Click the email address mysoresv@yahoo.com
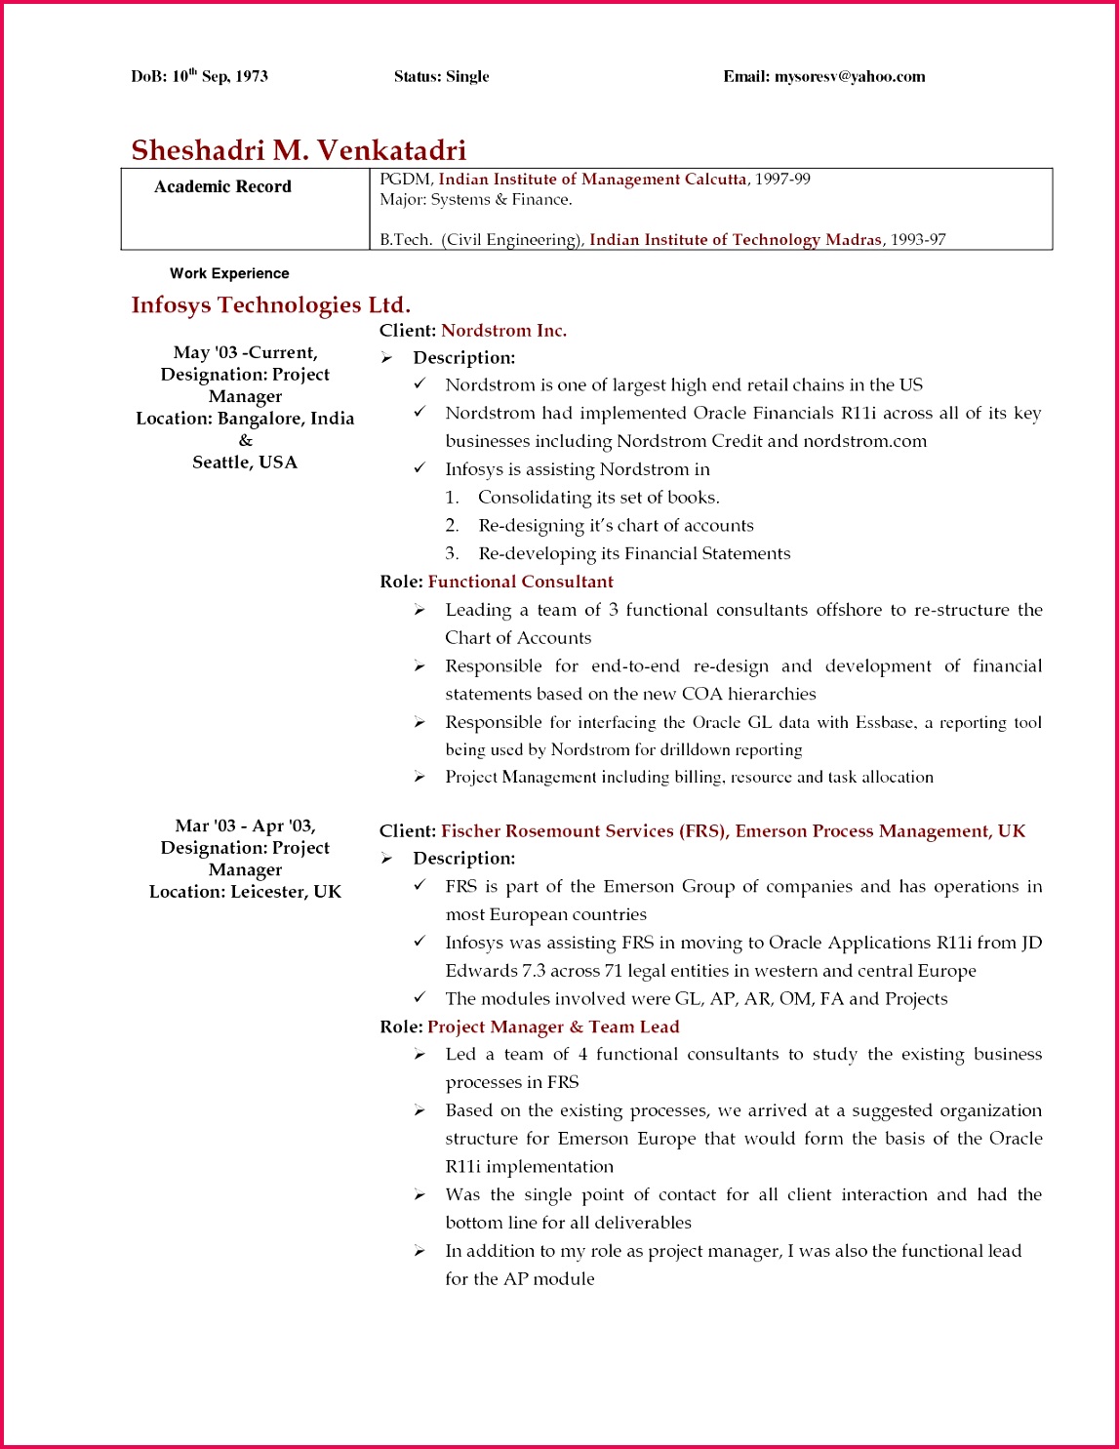click(849, 77)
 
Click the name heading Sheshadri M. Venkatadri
click(299, 150)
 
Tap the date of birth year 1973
click(251, 77)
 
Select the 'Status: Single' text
click(441, 77)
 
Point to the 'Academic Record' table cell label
click(222, 186)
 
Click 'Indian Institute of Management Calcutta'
click(592, 180)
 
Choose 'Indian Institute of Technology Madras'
click(735, 240)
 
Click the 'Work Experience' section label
click(229, 274)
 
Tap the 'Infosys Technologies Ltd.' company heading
click(270, 305)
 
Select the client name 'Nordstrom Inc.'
click(503, 331)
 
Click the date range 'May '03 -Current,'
click(245, 353)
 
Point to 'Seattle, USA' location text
click(245, 463)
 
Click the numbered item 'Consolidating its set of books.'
click(598, 498)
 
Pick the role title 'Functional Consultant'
click(520, 582)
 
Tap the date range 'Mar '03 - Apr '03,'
click(245, 826)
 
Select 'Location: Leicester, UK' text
click(245, 892)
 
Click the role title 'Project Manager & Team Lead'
click(553, 1027)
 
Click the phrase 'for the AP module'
click(519, 1279)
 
